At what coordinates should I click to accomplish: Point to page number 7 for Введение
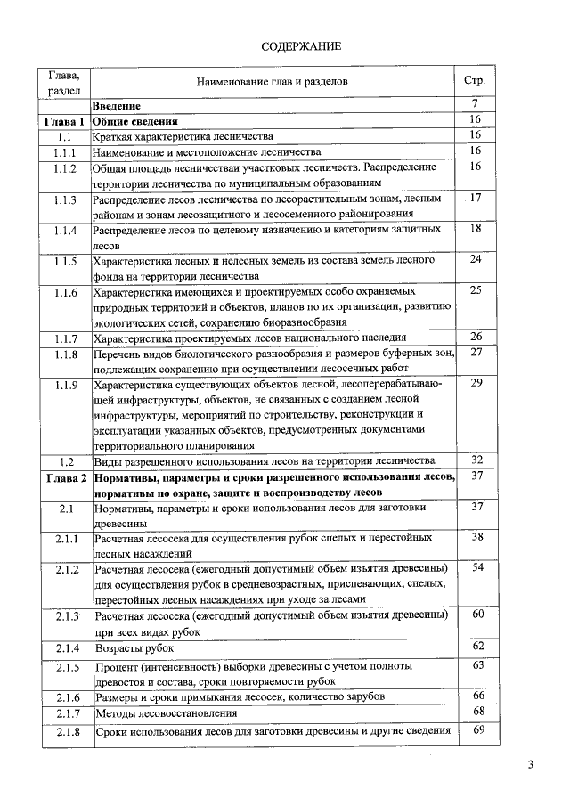[x=475, y=105]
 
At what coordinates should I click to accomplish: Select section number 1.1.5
[x=64, y=261]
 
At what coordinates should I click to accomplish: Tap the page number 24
[x=476, y=259]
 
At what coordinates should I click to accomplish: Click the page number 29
[x=476, y=383]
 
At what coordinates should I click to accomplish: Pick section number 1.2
[x=64, y=461]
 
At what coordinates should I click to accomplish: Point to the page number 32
[x=476, y=460]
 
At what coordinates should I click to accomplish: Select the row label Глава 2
[x=63, y=478]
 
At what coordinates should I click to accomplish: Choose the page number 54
[x=476, y=568]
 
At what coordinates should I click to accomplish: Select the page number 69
[x=476, y=730]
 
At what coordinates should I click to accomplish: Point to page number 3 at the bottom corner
[x=530, y=765]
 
